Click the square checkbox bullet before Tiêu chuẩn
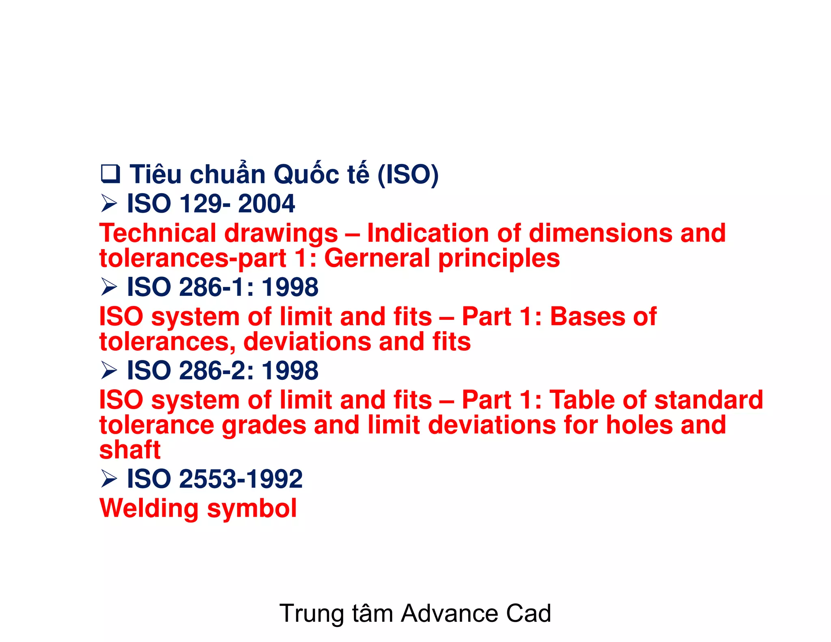[110, 174]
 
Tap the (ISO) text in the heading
[408, 175]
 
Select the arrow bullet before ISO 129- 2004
[109, 203]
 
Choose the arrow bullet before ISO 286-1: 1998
[109, 287]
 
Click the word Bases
[588, 317]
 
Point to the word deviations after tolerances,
[307, 342]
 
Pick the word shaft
[130, 450]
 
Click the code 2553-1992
[241, 479]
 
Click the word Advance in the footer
[449, 613]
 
